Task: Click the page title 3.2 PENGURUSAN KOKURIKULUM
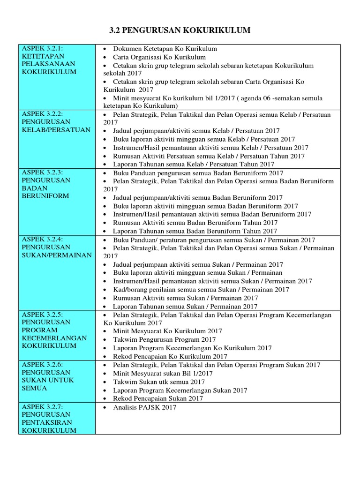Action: click(x=180, y=30)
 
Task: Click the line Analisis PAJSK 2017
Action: click(x=144, y=407)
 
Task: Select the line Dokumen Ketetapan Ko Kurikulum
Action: click(x=165, y=49)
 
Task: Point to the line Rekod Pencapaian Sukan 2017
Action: click(x=158, y=398)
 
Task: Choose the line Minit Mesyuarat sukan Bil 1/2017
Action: click(x=163, y=374)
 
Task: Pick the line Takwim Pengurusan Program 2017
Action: click(x=164, y=339)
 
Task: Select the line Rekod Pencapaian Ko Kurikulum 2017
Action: click(x=173, y=356)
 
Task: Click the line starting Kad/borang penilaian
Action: click(x=201, y=290)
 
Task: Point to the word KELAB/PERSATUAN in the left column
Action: click(x=56, y=130)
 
